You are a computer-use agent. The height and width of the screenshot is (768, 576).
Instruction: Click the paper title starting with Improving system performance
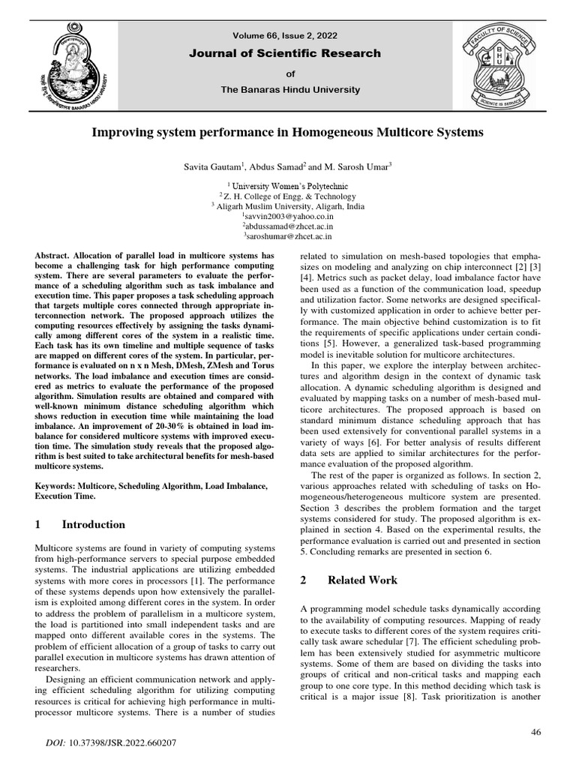(x=288, y=132)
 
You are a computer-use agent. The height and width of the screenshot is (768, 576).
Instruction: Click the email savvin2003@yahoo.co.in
(x=288, y=215)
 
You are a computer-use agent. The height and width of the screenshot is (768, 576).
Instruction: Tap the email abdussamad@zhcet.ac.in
(x=288, y=225)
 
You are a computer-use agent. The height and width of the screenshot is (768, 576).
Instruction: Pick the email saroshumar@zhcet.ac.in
(x=288, y=235)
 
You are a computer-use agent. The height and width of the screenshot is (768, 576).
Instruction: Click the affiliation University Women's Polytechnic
(x=288, y=185)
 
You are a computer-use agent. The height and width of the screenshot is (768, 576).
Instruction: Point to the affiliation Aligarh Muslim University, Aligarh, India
(x=288, y=205)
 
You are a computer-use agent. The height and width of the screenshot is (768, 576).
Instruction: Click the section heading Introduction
(x=94, y=524)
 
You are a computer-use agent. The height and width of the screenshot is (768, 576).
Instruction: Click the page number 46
(x=535, y=732)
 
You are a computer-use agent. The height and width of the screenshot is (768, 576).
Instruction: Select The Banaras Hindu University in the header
(x=289, y=90)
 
